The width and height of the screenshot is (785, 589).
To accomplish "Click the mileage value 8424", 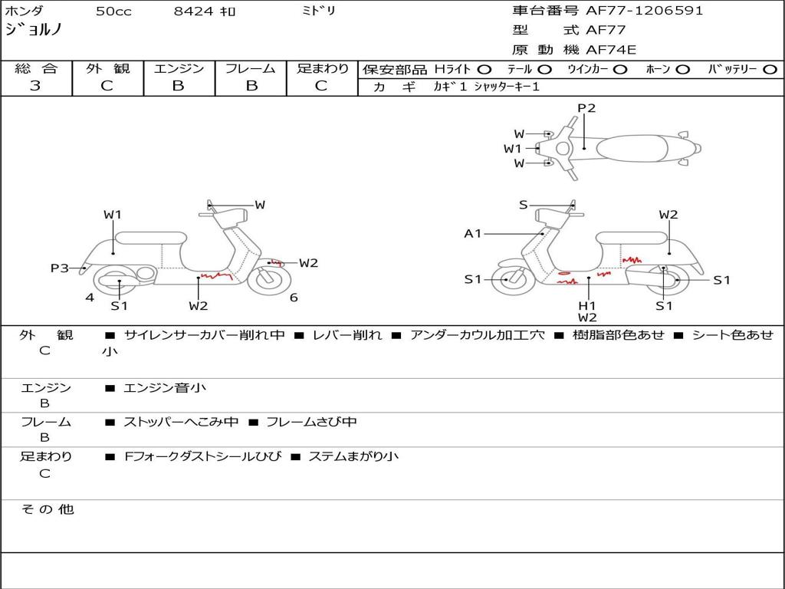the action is click(194, 12).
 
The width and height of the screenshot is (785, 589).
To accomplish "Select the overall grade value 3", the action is click(35, 86).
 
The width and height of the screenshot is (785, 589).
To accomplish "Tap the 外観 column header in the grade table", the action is click(107, 68).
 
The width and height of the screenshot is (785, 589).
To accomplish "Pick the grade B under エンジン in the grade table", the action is click(179, 86).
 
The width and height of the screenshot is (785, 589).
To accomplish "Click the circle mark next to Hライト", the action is click(484, 69).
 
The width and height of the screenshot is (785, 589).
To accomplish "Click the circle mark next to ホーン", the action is click(682, 69).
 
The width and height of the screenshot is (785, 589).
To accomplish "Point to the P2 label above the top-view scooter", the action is click(586, 108).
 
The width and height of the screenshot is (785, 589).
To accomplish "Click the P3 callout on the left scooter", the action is click(60, 268).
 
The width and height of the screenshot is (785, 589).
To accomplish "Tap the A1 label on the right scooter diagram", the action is click(473, 233).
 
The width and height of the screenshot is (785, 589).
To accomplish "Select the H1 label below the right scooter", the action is click(587, 305).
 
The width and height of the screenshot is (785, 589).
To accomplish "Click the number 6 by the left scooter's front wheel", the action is click(294, 298).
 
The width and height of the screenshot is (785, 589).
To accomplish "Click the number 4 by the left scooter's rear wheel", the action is click(90, 298).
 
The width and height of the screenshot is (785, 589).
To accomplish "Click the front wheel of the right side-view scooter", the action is click(508, 279).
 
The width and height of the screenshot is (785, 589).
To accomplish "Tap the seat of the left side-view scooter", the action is click(152, 238).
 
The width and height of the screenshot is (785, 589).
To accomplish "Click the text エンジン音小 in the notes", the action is click(165, 388).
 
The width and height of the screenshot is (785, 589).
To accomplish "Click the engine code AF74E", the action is click(611, 50).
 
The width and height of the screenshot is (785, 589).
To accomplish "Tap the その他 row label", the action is click(48, 509).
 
